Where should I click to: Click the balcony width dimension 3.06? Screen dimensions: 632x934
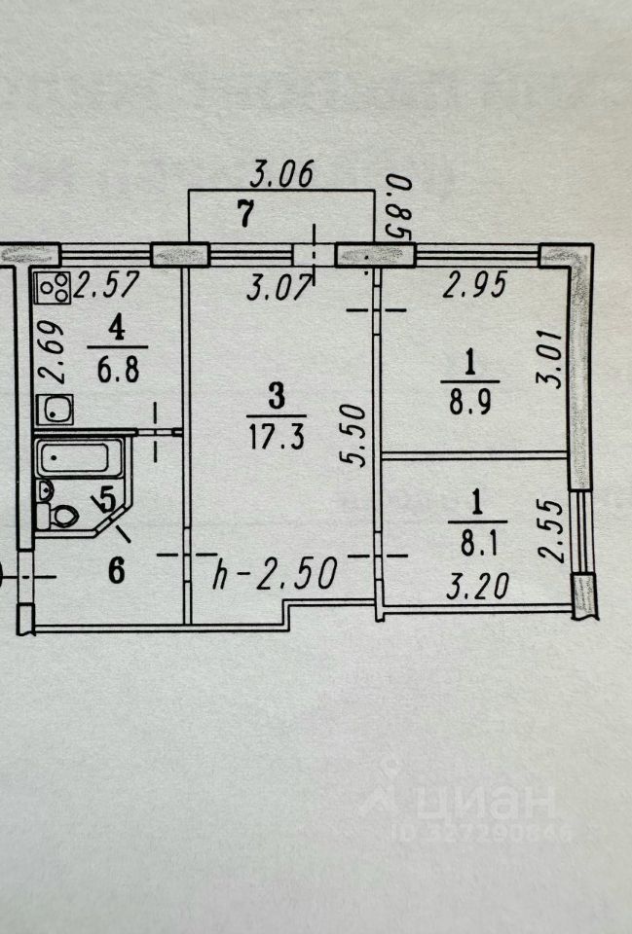[280, 175]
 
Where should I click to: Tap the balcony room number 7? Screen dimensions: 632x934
[245, 214]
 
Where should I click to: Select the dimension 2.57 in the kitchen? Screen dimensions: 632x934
[107, 285]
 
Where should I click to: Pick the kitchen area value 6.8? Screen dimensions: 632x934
[118, 371]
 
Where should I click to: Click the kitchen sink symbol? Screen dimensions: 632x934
[55, 410]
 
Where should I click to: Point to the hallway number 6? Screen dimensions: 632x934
[116, 571]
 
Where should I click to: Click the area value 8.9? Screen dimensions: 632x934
[469, 403]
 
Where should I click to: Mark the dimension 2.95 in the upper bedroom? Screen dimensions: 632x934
[474, 284]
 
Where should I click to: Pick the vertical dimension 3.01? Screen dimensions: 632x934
[550, 359]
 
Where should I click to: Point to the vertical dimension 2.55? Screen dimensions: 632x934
[550, 531]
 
